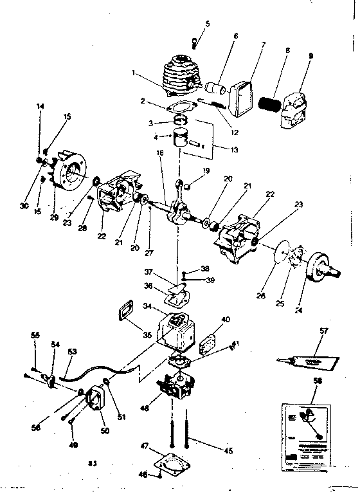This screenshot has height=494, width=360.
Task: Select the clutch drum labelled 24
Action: (x=320, y=264)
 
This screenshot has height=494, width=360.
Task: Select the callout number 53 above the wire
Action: (x=72, y=351)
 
